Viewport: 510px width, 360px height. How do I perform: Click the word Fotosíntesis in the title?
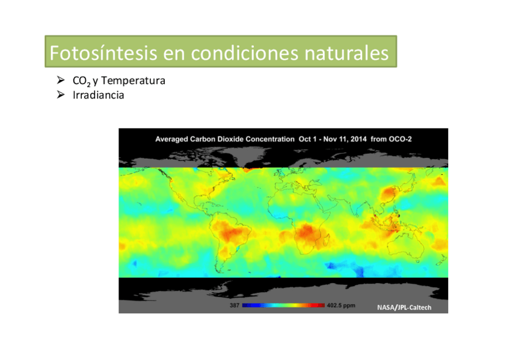[x=103, y=53]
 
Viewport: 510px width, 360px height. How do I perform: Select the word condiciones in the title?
[x=244, y=53]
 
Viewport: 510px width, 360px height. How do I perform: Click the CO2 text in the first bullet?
[x=81, y=81]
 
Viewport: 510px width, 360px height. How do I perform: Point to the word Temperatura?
[x=133, y=81]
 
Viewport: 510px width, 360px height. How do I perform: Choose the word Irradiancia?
[x=98, y=95]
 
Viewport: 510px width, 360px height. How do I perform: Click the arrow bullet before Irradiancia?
[x=61, y=94]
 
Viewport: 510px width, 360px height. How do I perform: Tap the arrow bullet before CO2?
[x=61, y=79]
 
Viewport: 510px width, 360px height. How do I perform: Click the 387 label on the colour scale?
[x=234, y=305]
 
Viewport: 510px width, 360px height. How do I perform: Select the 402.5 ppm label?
[x=341, y=305]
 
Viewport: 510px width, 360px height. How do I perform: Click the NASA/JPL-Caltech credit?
[x=404, y=307]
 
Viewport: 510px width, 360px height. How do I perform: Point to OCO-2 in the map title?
[x=400, y=139]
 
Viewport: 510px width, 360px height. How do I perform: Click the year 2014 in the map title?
[x=358, y=139]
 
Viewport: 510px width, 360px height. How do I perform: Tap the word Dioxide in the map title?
[x=231, y=139]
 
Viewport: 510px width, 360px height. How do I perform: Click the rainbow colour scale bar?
[x=283, y=305]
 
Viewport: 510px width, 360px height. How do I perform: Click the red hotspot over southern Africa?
[x=306, y=233]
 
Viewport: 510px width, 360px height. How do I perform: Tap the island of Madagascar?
[x=328, y=240]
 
